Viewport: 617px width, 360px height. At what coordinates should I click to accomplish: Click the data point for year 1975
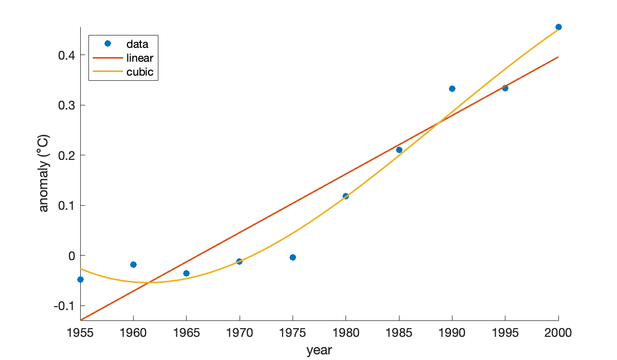(x=293, y=257)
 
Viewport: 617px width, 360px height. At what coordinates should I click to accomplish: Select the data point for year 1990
(x=452, y=88)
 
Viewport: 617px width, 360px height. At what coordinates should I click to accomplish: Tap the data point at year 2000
(x=558, y=27)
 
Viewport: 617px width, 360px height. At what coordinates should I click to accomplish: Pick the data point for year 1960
(x=133, y=264)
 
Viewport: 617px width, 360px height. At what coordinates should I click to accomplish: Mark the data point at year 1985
(x=399, y=150)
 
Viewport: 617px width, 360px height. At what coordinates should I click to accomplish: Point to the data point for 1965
(x=186, y=273)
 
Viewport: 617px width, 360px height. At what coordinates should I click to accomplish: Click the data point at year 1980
(x=346, y=196)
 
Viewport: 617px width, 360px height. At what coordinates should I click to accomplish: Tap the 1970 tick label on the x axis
(x=240, y=333)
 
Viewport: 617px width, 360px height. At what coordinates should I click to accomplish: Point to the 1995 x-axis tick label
(x=505, y=333)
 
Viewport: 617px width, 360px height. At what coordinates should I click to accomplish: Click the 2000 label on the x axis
(x=558, y=333)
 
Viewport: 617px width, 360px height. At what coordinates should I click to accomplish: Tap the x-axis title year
(x=319, y=351)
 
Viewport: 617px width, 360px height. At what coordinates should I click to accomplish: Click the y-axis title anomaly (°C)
(x=44, y=173)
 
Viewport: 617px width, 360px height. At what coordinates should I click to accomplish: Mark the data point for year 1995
(x=505, y=88)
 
